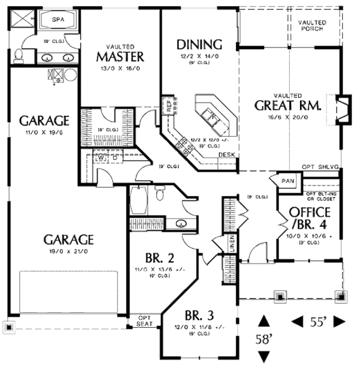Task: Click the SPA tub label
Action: (x=58, y=19)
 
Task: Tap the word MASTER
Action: (x=121, y=57)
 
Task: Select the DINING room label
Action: (x=200, y=44)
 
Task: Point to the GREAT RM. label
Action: (x=288, y=106)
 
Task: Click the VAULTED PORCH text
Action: (x=311, y=25)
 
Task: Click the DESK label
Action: (x=226, y=154)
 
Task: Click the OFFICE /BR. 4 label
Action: (x=310, y=220)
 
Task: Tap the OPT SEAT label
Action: (x=145, y=321)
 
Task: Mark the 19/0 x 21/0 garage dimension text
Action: (x=68, y=252)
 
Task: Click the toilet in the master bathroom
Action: (x=18, y=56)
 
